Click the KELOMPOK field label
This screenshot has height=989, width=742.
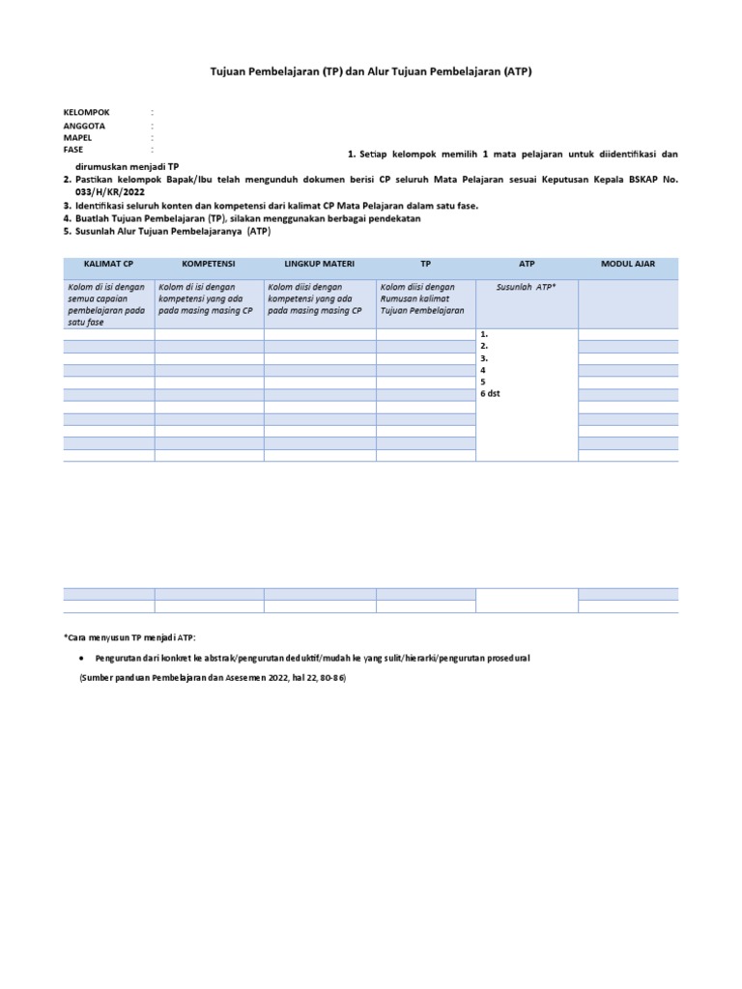[x=86, y=113]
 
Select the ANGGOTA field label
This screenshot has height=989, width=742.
[x=84, y=126]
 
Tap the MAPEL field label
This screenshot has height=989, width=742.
[x=79, y=138]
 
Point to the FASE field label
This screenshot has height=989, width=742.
[x=73, y=150]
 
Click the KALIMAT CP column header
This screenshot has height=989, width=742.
[x=108, y=263]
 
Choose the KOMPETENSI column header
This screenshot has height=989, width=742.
[x=210, y=263]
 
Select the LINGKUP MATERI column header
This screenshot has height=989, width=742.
[x=320, y=263]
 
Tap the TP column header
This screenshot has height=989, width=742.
[x=425, y=263]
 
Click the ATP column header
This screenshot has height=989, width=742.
[x=526, y=263]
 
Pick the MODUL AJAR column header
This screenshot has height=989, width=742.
[x=628, y=263]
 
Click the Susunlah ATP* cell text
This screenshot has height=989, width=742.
[x=526, y=287]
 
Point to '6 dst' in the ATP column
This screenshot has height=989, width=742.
[x=490, y=394]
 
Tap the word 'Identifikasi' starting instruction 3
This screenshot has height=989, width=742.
[x=102, y=206]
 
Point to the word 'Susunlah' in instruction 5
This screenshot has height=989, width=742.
[x=98, y=232]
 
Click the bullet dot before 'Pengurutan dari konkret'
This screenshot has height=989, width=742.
[x=81, y=658]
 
